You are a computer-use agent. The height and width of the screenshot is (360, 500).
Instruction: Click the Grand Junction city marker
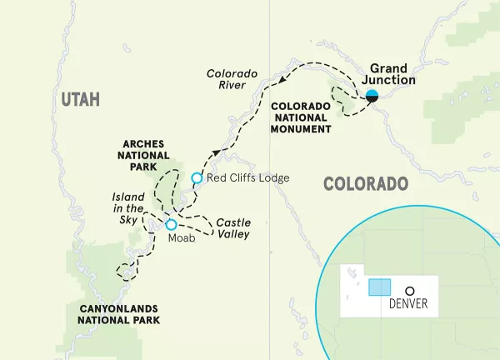click(372, 95)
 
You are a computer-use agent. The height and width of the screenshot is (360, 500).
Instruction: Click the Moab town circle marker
click(171, 224)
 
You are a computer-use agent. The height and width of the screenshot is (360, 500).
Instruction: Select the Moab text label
click(181, 238)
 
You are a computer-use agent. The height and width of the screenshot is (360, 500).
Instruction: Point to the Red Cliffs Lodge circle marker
click(197, 177)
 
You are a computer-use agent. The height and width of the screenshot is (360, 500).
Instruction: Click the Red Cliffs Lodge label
click(248, 178)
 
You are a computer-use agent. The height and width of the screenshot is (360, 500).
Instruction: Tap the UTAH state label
click(80, 100)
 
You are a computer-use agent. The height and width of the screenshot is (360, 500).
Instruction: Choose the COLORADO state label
click(365, 184)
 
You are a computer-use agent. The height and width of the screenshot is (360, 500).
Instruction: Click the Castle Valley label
click(232, 228)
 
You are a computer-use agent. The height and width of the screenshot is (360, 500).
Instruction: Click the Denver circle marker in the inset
click(410, 291)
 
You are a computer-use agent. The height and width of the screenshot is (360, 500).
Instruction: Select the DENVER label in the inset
click(408, 304)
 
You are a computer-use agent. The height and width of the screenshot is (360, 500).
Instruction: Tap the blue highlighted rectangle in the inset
click(379, 287)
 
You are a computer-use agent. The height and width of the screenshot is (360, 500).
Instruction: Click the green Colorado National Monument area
click(342, 100)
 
